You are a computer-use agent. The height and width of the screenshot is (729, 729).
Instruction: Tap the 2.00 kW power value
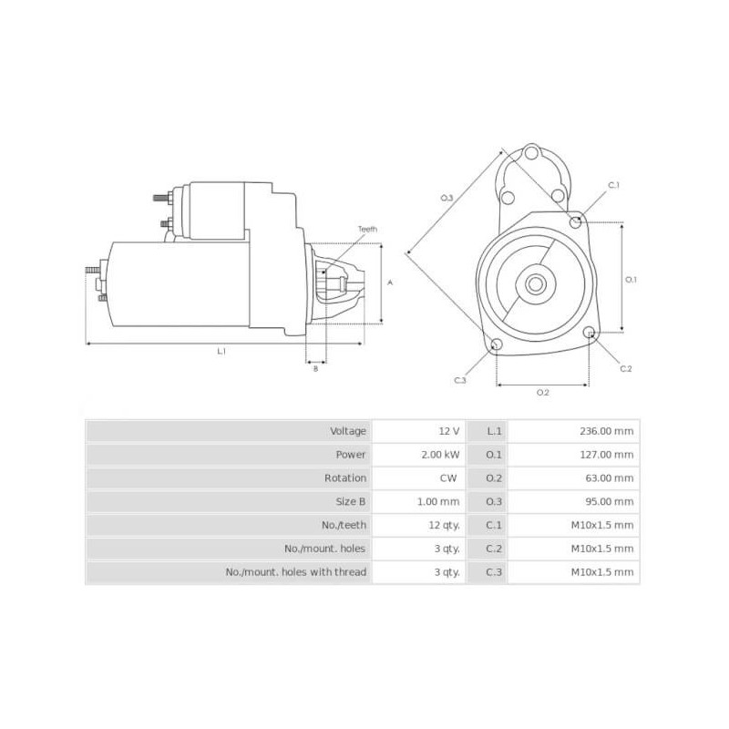441,455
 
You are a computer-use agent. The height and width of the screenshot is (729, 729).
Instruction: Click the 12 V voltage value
448,431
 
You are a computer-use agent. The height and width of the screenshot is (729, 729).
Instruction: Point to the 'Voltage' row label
348,431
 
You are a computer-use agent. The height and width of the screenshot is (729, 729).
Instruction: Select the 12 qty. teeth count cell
444,526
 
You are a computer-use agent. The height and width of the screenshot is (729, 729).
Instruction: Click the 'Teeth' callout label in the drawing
366,229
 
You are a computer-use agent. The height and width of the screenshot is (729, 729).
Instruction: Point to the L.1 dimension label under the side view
221,351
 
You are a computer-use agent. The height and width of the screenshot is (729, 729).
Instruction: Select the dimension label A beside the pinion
390,282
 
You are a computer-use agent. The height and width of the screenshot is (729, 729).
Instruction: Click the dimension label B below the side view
315,369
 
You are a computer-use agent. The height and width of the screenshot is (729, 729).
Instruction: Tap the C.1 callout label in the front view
614,185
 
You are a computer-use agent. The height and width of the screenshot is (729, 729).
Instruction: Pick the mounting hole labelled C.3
497,344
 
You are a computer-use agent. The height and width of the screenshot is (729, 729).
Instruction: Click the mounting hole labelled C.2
590,333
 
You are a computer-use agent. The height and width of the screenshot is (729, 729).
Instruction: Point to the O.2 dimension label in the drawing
542,392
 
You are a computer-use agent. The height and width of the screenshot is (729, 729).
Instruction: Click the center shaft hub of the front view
536,283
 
